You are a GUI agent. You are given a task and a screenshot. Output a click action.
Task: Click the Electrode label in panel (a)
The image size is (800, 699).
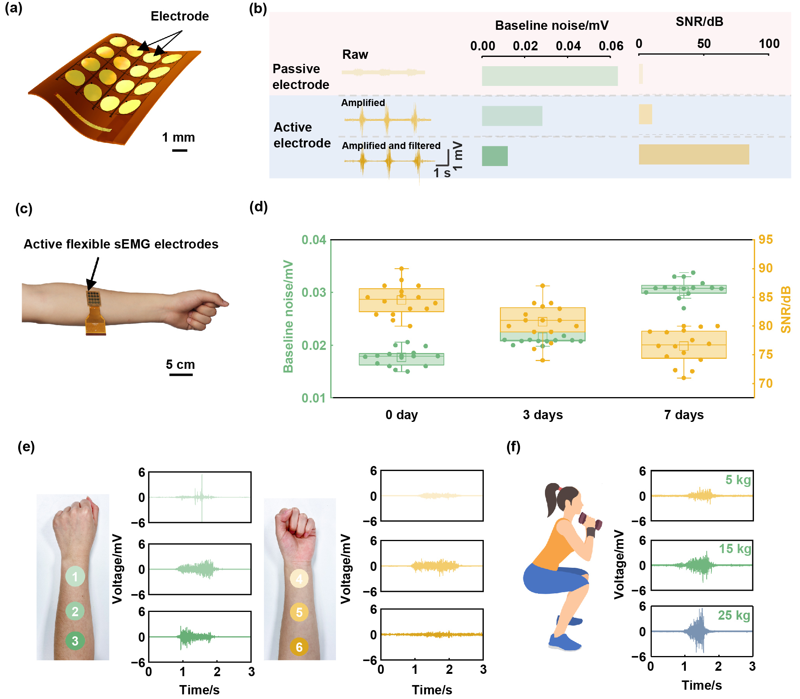[180, 16]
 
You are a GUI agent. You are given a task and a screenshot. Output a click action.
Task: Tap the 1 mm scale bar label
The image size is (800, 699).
[178, 137]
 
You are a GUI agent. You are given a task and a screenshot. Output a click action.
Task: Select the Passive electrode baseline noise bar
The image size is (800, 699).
[549, 76]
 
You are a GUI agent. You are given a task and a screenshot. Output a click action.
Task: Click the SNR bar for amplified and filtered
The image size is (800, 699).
[693, 154]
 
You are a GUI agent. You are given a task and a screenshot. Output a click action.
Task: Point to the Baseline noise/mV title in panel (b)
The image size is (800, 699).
[551, 26]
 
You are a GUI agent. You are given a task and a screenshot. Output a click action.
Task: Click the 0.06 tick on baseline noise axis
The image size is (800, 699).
[610, 46]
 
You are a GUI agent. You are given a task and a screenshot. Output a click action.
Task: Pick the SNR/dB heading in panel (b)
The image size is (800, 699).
[699, 21]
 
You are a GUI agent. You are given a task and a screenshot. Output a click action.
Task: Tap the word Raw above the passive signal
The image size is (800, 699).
[355, 55]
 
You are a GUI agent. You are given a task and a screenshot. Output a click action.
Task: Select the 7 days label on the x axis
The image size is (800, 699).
[684, 415]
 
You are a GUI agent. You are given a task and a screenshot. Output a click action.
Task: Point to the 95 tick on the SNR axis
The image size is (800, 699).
[765, 240]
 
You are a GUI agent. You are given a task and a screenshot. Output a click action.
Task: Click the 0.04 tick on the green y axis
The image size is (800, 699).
[313, 240]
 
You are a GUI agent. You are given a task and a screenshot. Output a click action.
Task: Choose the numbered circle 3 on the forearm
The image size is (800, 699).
[75, 641]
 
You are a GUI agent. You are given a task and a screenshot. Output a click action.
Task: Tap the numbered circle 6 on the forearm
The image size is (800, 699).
[299, 647]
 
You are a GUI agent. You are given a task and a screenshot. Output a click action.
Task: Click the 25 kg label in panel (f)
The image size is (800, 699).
[734, 615]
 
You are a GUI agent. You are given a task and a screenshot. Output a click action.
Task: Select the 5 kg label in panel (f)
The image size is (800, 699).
[738, 480]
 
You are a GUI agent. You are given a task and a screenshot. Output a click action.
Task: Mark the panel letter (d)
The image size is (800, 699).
[258, 207]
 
